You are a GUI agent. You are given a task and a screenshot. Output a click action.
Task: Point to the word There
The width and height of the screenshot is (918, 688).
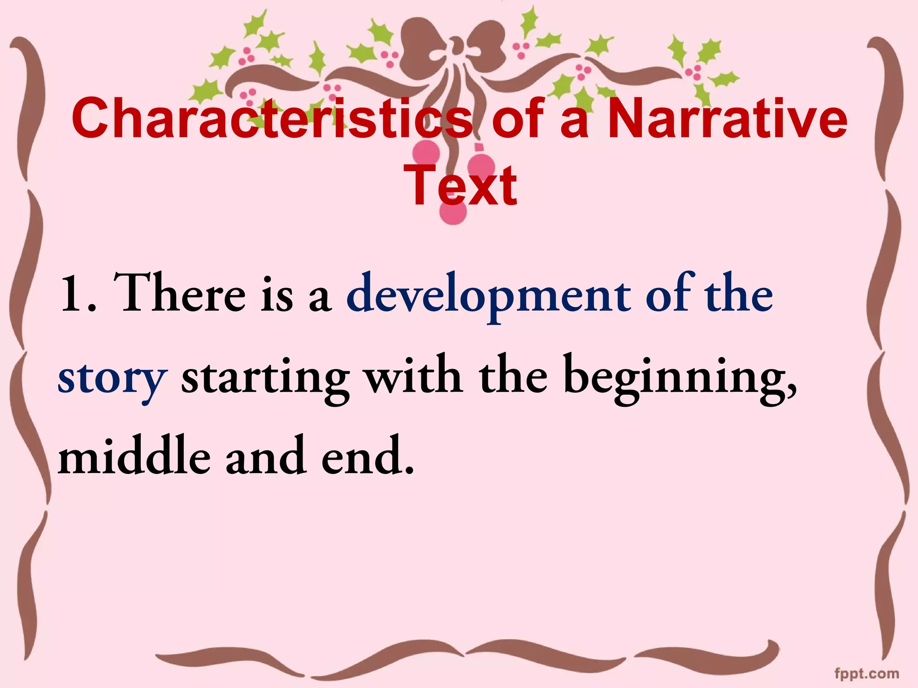pos(179,293)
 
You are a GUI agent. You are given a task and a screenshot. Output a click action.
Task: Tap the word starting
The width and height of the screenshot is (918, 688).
pos(265,378)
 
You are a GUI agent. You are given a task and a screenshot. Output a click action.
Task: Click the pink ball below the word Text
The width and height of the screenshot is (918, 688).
pos(453,213)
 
